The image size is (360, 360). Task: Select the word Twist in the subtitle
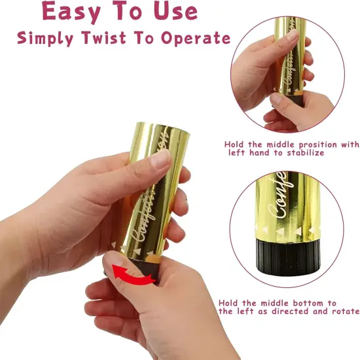(x=104, y=38)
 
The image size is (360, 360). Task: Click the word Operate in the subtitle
(x=196, y=38)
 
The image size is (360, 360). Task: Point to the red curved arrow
(x=133, y=276)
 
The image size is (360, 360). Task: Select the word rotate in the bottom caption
(x=346, y=312)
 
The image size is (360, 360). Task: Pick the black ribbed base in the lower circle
(x=288, y=257)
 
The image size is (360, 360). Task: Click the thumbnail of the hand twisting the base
(x=115, y=259)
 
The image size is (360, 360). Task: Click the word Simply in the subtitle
(x=45, y=38)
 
